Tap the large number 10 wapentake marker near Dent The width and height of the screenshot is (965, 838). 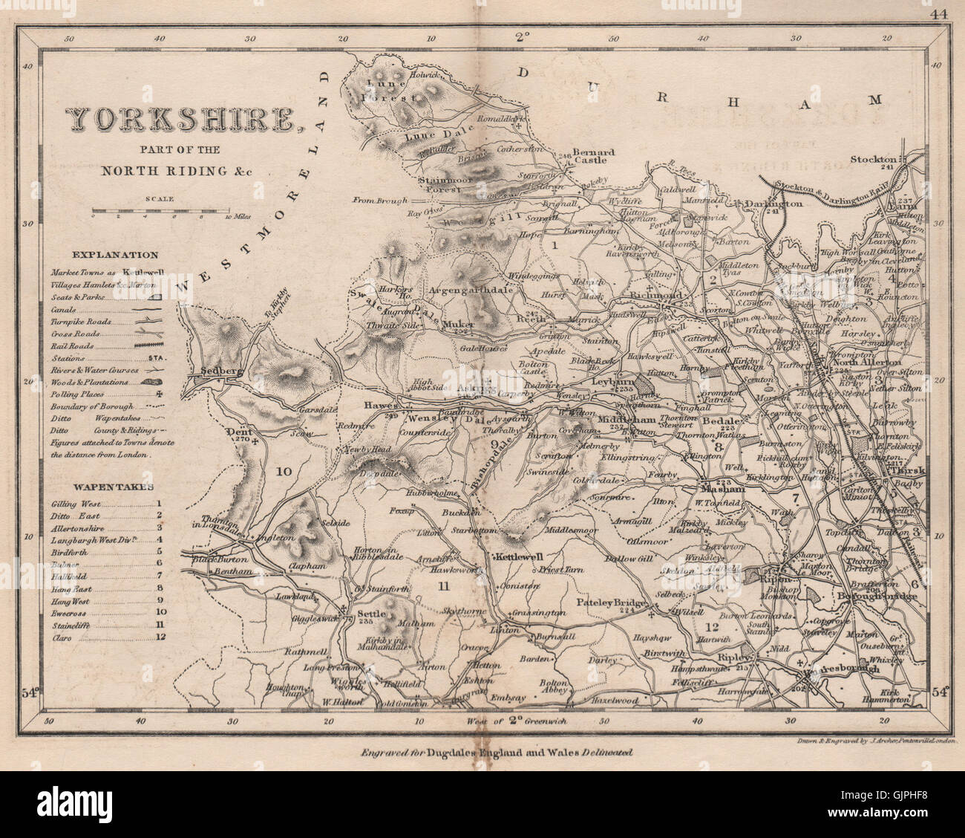click(282, 471)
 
